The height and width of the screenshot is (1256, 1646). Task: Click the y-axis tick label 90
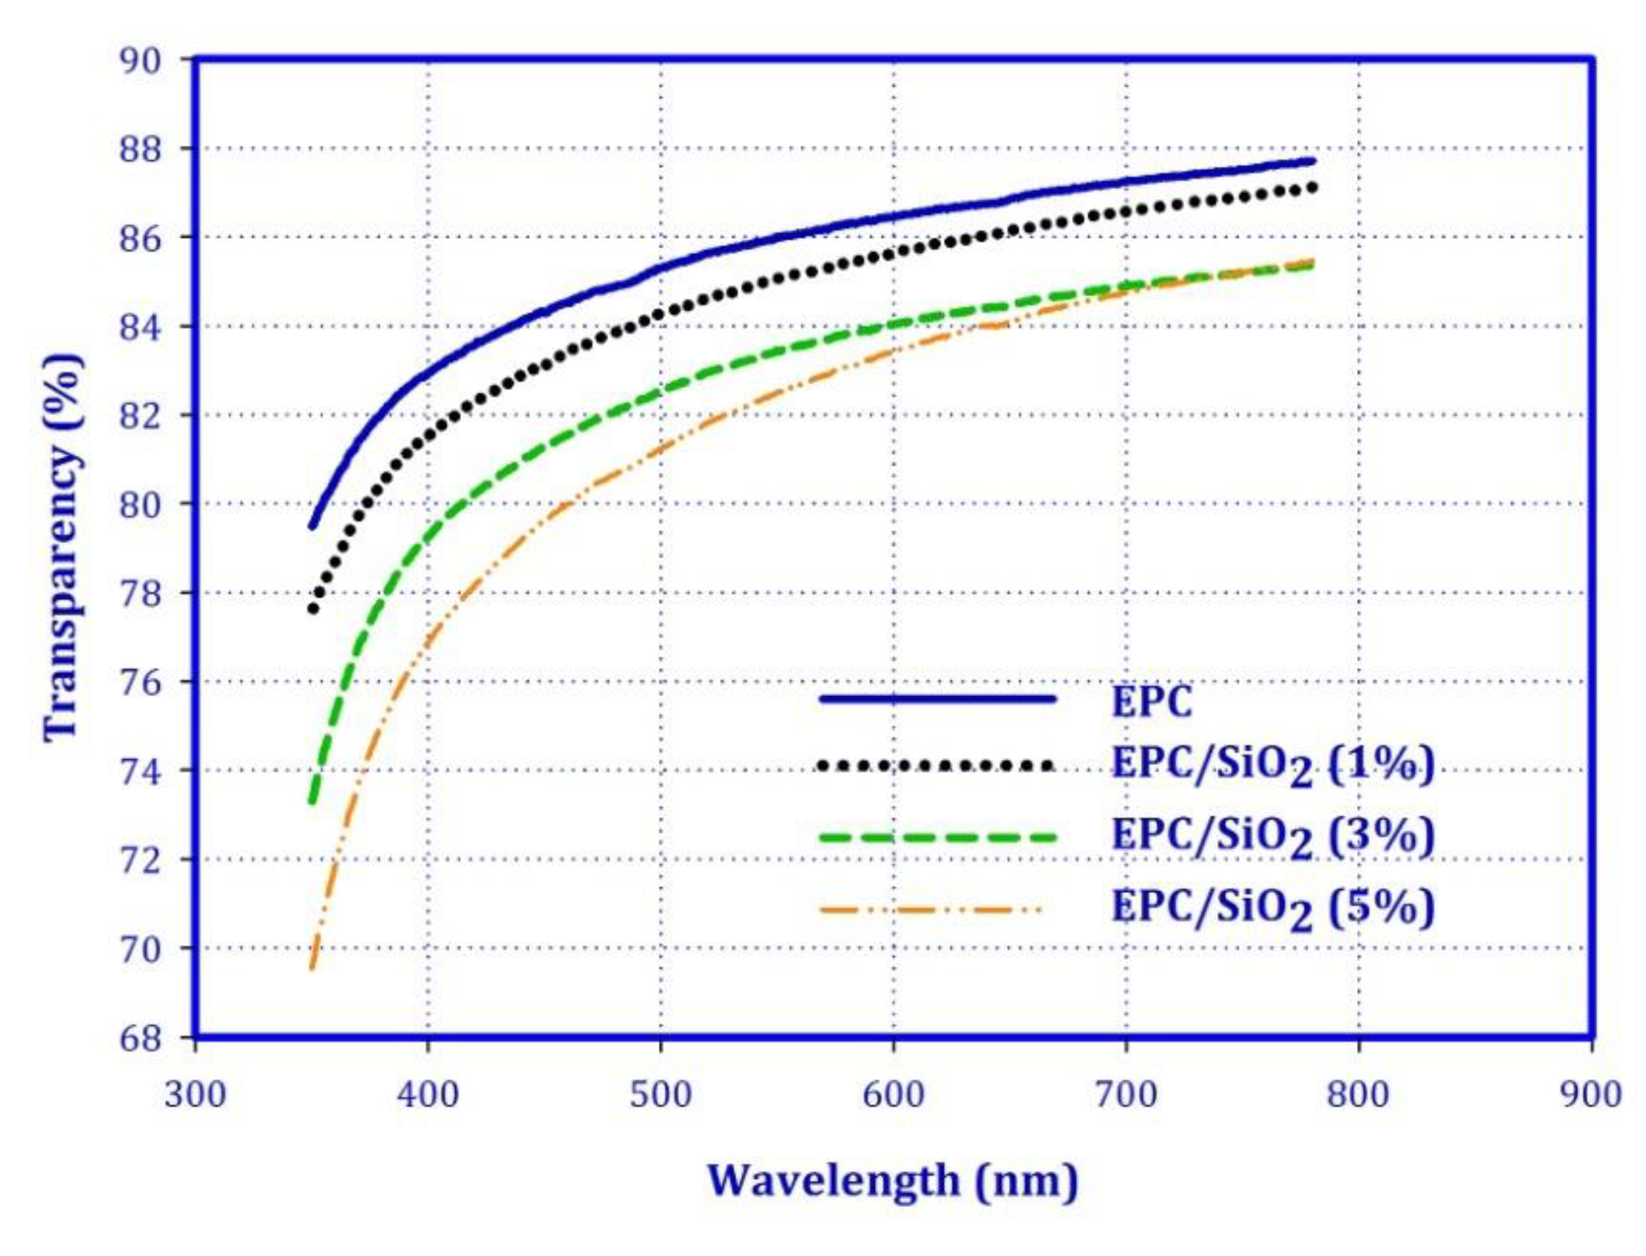pos(140,60)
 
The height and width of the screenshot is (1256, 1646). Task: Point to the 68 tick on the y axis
pos(140,1038)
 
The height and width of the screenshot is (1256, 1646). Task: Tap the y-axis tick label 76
pos(140,683)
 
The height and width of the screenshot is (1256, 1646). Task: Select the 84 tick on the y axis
pos(140,327)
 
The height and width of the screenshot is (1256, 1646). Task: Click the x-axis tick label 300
pos(195,1096)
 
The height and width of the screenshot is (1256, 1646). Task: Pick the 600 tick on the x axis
pos(893,1096)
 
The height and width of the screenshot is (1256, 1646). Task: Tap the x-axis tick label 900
pos(1591,1096)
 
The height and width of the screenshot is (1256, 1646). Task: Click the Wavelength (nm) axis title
pos(892,1181)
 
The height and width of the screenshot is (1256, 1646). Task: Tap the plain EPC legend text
pos(1151,701)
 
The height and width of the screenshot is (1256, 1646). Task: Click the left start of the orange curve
pos(312,969)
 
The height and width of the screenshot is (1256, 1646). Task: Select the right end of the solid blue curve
pos(1313,161)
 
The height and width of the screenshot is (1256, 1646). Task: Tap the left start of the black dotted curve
pos(313,609)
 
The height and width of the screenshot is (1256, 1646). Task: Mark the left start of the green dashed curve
pos(313,801)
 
